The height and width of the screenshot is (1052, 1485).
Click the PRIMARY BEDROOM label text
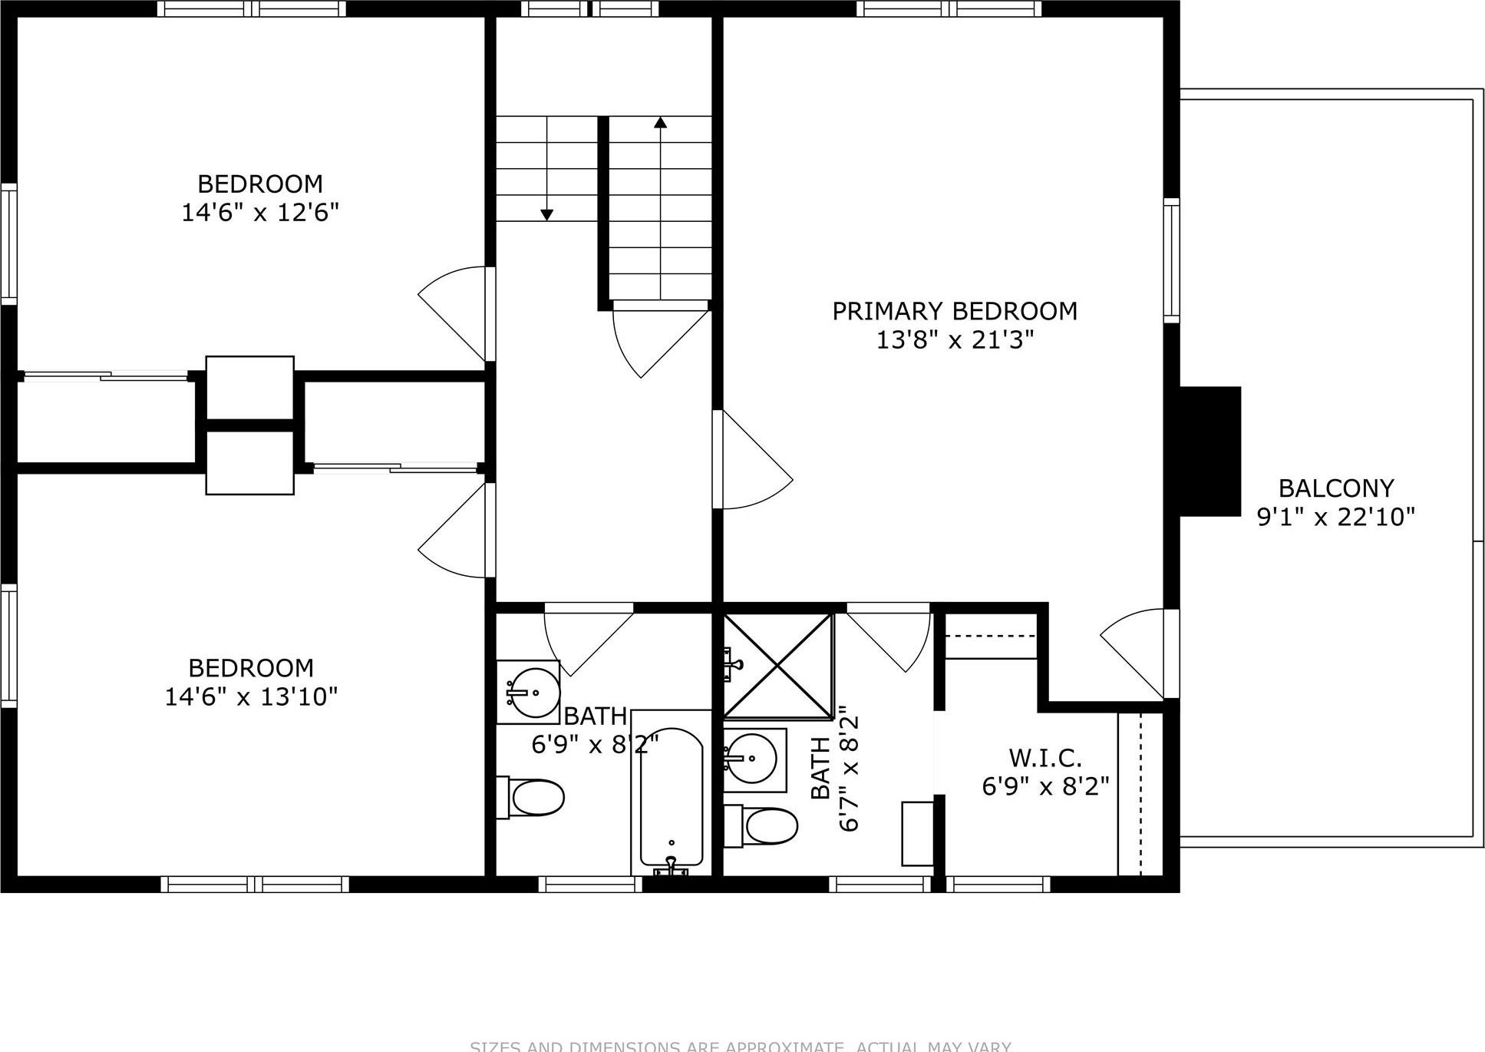click(x=955, y=312)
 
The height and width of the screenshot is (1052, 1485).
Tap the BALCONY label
click(x=1335, y=488)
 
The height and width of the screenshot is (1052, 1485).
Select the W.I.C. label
click(x=1045, y=758)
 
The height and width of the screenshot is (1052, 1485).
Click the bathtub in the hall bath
click(x=672, y=795)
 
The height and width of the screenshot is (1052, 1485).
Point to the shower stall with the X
click(x=777, y=666)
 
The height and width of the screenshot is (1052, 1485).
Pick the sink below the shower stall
click(x=753, y=759)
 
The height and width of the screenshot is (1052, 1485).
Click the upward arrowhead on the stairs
click(x=660, y=122)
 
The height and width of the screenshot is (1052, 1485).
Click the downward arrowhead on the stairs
click(x=546, y=215)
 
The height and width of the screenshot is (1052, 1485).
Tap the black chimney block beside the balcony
click(x=1209, y=451)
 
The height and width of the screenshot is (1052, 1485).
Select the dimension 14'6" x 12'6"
click(x=260, y=213)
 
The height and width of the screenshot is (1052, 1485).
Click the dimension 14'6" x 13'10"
click(x=251, y=697)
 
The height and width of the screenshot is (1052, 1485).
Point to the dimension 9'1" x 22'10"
click(x=1335, y=517)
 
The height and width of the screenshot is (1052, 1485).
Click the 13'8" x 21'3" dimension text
click(x=955, y=340)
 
